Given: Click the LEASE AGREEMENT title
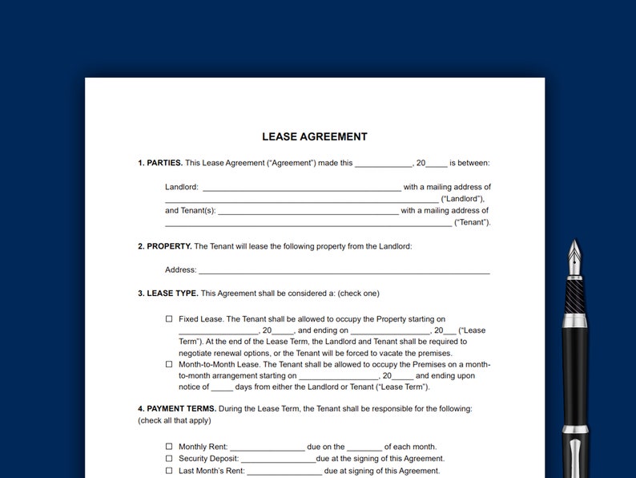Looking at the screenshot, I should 314,137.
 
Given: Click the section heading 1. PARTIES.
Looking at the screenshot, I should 160,163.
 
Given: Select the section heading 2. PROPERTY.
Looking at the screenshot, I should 164,246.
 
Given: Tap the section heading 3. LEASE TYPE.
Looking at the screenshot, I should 167,294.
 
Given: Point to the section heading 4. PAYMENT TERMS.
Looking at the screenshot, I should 176,408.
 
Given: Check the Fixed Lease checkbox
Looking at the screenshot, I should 169,318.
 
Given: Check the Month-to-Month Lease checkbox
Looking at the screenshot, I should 169,363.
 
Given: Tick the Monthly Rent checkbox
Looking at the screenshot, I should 169,447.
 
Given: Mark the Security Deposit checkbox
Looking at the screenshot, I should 169,459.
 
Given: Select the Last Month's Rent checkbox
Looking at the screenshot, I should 169,471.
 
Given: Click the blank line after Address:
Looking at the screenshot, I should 344,271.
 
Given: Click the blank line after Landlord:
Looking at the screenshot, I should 301,188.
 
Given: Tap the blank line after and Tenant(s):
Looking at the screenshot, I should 308,213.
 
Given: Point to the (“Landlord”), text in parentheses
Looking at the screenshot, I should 463,199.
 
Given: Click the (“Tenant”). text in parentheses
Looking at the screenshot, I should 473,223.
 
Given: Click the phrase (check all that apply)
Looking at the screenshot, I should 175,420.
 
